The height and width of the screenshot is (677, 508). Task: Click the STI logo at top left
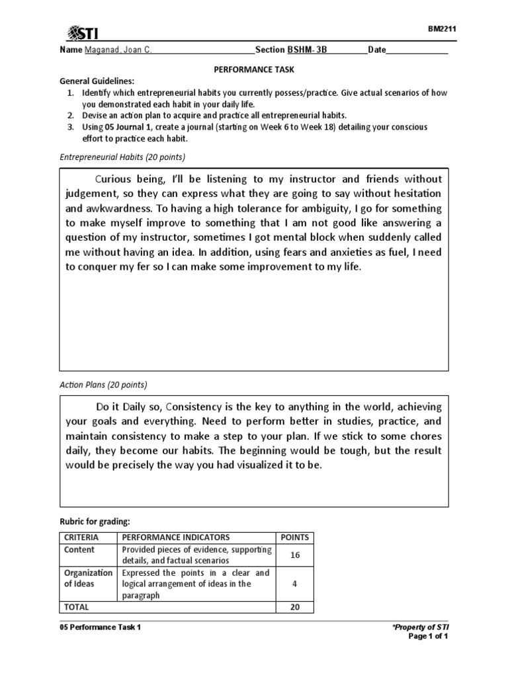point(83,33)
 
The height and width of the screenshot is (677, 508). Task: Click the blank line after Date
point(417,50)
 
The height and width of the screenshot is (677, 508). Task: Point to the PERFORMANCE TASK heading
point(253,69)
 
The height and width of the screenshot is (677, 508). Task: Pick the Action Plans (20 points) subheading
point(104,384)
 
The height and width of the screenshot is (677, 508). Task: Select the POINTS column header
point(294,538)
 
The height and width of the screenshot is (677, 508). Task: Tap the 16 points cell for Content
point(294,555)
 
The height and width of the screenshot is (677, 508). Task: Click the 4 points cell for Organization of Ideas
point(294,584)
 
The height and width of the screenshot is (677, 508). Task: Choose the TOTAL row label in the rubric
point(76,606)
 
